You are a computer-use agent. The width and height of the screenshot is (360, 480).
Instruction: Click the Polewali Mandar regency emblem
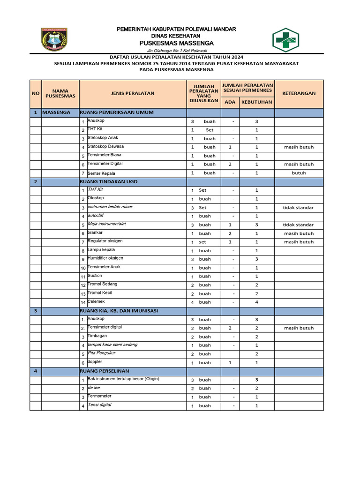[x=55, y=39]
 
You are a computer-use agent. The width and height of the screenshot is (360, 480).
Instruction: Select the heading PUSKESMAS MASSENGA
[x=176, y=43]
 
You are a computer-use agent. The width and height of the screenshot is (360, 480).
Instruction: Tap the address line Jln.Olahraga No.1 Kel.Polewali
[x=177, y=50]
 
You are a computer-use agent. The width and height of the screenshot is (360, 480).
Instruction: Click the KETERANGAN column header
[x=299, y=93]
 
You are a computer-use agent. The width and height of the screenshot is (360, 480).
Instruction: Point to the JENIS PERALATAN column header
[x=133, y=93]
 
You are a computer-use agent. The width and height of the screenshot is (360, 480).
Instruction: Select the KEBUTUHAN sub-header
[x=256, y=102]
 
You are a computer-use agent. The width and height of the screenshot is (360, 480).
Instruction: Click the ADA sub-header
[x=230, y=102]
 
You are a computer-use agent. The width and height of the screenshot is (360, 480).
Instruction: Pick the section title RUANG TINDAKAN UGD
[x=109, y=181]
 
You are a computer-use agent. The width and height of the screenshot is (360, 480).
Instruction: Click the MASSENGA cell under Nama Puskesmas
[x=56, y=112]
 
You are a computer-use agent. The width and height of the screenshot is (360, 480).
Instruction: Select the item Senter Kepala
[x=101, y=172]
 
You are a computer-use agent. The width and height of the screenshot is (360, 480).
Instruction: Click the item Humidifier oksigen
[x=105, y=258]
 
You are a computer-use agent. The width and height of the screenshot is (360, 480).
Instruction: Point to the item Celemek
[x=96, y=301]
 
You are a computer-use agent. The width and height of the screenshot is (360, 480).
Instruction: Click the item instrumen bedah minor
[x=110, y=207]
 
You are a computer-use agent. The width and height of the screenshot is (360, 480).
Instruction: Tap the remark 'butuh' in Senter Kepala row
[x=299, y=173]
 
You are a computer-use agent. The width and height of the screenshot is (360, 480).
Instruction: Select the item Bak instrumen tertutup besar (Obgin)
[x=123, y=379]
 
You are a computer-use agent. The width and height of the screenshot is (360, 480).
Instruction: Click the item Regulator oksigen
[x=105, y=241]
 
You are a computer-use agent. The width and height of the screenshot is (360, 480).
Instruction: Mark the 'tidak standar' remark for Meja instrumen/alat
[x=299, y=225]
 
